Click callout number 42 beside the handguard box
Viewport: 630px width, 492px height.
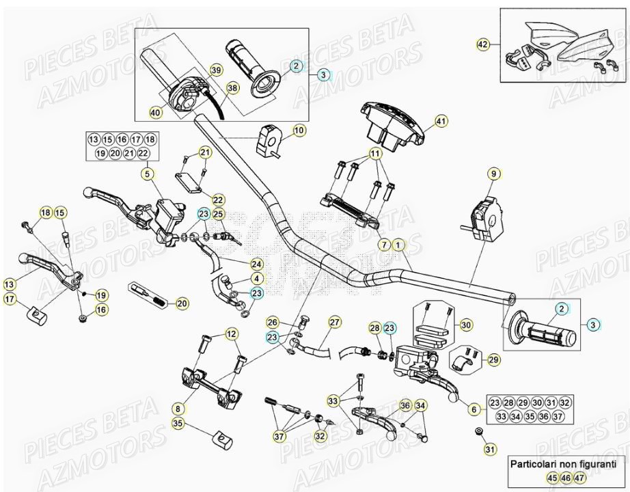tap(483, 44)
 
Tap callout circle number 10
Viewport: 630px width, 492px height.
tap(299, 130)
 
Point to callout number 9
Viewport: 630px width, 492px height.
tap(492, 174)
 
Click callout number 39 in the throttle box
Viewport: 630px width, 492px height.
tap(215, 71)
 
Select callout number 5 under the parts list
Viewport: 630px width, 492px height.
tap(146, 174)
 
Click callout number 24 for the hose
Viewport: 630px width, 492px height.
tap(256, 263)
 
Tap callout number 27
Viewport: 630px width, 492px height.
tap(334, 322)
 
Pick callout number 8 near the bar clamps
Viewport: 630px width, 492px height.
tap(178, 409)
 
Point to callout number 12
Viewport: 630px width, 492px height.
tap(232, 333)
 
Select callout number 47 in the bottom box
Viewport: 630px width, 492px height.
tap(579, 478)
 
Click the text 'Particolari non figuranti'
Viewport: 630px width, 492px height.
tap(558, 463)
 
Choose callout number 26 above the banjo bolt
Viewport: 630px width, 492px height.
tap(272, 322)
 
